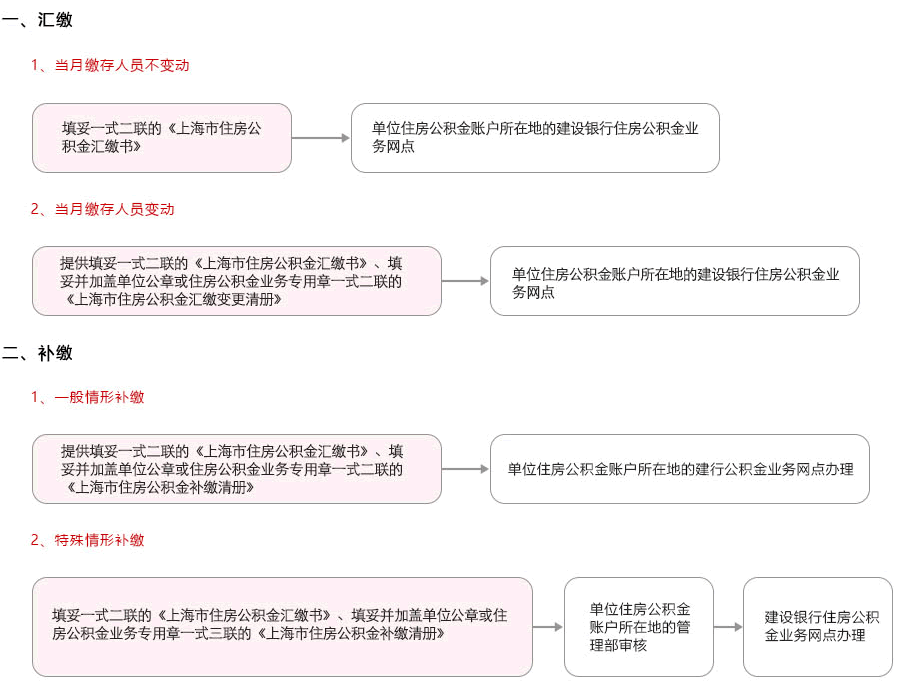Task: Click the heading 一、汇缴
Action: pyautogui.click(x=37, y=20)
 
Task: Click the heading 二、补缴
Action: pyautogui.click(x=37, y=353)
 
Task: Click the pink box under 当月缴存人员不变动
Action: pyautogui.click(x=162, y=138)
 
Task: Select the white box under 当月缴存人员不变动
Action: pyautogui.click(x=535, y=138)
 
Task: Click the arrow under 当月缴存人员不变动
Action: pyautogui.click(x=321, y=138)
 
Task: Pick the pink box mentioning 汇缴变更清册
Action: pyautogui.click(x=237, y=281)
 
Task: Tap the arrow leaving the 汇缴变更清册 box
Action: pyautogui.click(x=465, y=281)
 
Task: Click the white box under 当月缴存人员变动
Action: pyautogui.click(x=674, y=281)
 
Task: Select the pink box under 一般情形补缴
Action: pyautogui.click(x=237, y=469)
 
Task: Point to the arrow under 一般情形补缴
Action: pyautogui.click(x=465, y=469)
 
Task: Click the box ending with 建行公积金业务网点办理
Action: pyautogui.click(x=680, y=469)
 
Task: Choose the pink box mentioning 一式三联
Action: pyautogui.click(x=283, y=627)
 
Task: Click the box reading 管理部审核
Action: pyautogui.click(x=639, y=627)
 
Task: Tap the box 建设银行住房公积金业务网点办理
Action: pyautogui.click(x=818, y=627)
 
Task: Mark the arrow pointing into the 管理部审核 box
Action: pyautogui.click(x=547, y=627)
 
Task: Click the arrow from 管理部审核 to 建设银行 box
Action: pyautogui.click(x=728, y=627)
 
